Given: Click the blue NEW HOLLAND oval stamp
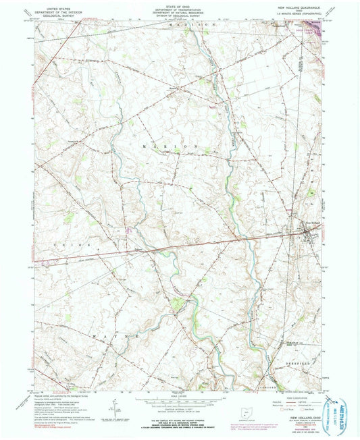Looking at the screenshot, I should click(344, 411).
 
